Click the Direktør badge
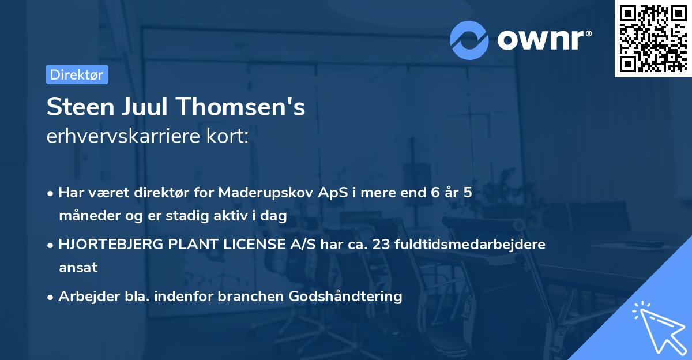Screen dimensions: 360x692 tap(77, 74)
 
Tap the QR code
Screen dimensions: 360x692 tap(653, 38)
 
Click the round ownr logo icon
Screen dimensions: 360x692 tap(469, 40)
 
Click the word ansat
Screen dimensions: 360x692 tap(78, 267)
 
